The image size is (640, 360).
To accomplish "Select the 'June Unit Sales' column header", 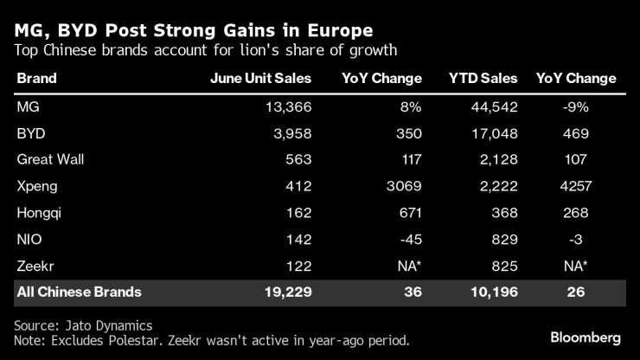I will tap(260, 79).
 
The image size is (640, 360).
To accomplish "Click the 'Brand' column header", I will tap(36, 79).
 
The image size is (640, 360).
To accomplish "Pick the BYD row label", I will tap(31, 134).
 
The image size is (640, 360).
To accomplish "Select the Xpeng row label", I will tap(36, 186).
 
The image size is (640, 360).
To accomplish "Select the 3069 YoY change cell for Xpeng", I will tap(401, 186).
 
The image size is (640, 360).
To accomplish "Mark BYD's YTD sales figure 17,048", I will tap(493, 134).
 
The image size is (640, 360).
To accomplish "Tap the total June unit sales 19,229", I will tap(285, 292).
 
